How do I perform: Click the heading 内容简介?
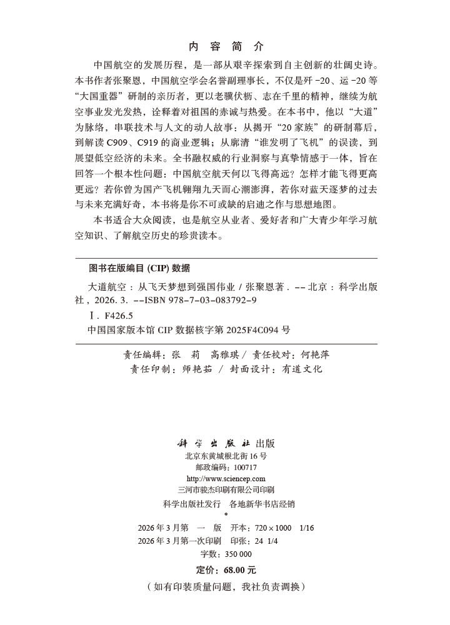[226, 46]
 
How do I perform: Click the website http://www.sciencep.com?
[226, 479]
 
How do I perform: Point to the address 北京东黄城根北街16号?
[226, 456]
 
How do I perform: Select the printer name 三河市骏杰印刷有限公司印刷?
[226, 490]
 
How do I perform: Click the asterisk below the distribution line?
[226, 514]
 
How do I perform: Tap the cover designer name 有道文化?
[302, 369]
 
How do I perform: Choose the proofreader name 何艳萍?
[315, 354]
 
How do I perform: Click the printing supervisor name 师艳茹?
[187, 369]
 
